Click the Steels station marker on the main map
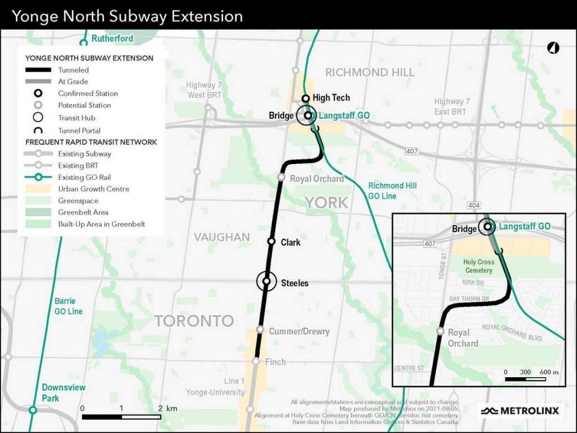click(x=266, y=281)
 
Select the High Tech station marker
click(x=305, y=98)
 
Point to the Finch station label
click(x=276, y=362)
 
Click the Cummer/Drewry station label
click(x=299, y=331)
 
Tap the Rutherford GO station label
click(x=113, y=38)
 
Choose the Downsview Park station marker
click(x=33, y=410)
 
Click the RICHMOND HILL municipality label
click(x=370, y=72)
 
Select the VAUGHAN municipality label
click(x=221, y=237)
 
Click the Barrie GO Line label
click(x=68, y=306)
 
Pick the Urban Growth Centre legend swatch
click(x=39, y=189)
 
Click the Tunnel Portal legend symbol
click(x=39, y=130)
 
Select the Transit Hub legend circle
click(x=38, y=118)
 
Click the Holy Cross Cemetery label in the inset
click(x=478, y=266)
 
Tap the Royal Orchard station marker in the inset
click(x=442, y=332)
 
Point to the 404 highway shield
click(x=474, y=206)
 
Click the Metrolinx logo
click(x=520, y=410)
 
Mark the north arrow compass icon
click(x=553, y=48)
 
